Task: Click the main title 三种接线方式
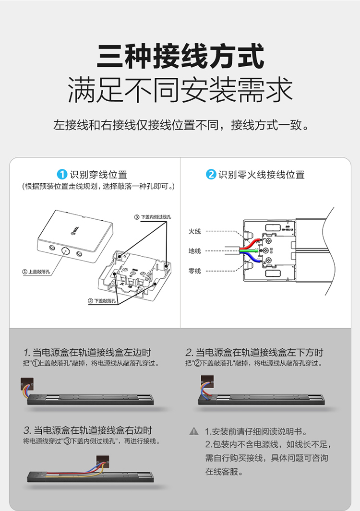pos(180,56)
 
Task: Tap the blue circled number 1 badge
pos(62,174)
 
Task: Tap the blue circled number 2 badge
pos(211,174)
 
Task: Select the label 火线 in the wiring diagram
pos(195,231)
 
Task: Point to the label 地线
pos(195,251)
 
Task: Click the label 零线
pos(195,271)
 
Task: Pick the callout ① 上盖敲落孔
pos(36,272)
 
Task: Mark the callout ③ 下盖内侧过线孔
pos(153,217)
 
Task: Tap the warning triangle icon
pos(194,431)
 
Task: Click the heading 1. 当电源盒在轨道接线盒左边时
pos(87,352)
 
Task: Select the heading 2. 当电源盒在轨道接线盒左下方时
pos(254,352)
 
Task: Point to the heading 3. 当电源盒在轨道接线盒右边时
pos(88,430)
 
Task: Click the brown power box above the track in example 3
pos(103,462)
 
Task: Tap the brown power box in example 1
pos(27,384)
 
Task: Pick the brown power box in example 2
pos(207,381)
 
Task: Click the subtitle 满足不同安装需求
pos(180,90)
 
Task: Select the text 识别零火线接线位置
pos(262,175)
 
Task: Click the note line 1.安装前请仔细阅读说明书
pos(256,431)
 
